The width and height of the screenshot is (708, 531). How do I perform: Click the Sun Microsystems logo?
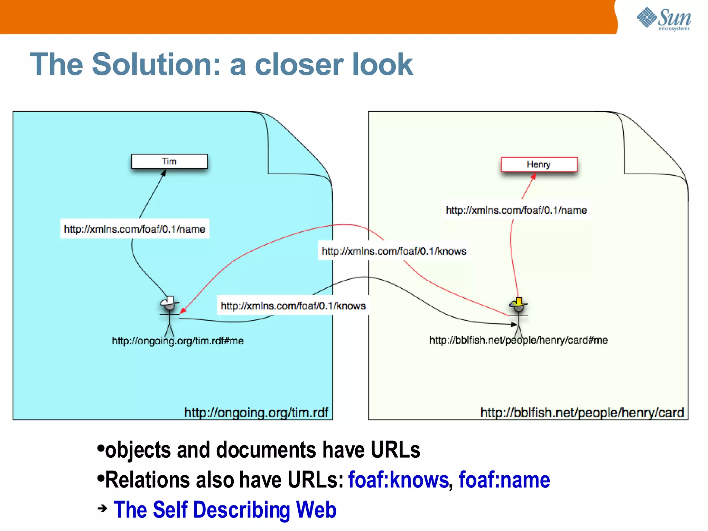(664, 19)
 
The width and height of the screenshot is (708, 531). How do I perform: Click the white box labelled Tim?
(169, 161)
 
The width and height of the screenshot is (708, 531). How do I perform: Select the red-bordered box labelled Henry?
(539, 165)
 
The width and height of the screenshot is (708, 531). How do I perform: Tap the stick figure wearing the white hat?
(169, 315)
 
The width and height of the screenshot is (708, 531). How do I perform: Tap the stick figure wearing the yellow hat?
(518, 315)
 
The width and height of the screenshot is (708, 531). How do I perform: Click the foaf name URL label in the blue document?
(134, 229)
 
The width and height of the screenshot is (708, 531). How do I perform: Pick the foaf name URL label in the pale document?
(516, 210)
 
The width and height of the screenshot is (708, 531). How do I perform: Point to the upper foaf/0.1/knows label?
(394, 251)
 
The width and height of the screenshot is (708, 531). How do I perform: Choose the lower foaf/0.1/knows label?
(293, 306)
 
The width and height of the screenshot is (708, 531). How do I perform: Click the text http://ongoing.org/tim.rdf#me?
(177, 341)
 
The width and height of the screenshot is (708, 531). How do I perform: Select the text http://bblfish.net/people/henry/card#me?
(518, 340)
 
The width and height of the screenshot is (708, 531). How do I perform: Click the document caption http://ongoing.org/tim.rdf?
(256, 412)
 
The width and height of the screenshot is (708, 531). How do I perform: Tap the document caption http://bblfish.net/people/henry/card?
(582, 412)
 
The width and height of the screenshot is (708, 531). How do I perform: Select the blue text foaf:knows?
(398, 480)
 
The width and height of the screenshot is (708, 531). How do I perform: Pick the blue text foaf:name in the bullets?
(504, 480)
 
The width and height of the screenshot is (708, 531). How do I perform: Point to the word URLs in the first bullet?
(395, 450)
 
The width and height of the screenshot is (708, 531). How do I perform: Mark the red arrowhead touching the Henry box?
(533, 176)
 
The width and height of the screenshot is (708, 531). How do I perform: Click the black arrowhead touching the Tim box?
(164, 173)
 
